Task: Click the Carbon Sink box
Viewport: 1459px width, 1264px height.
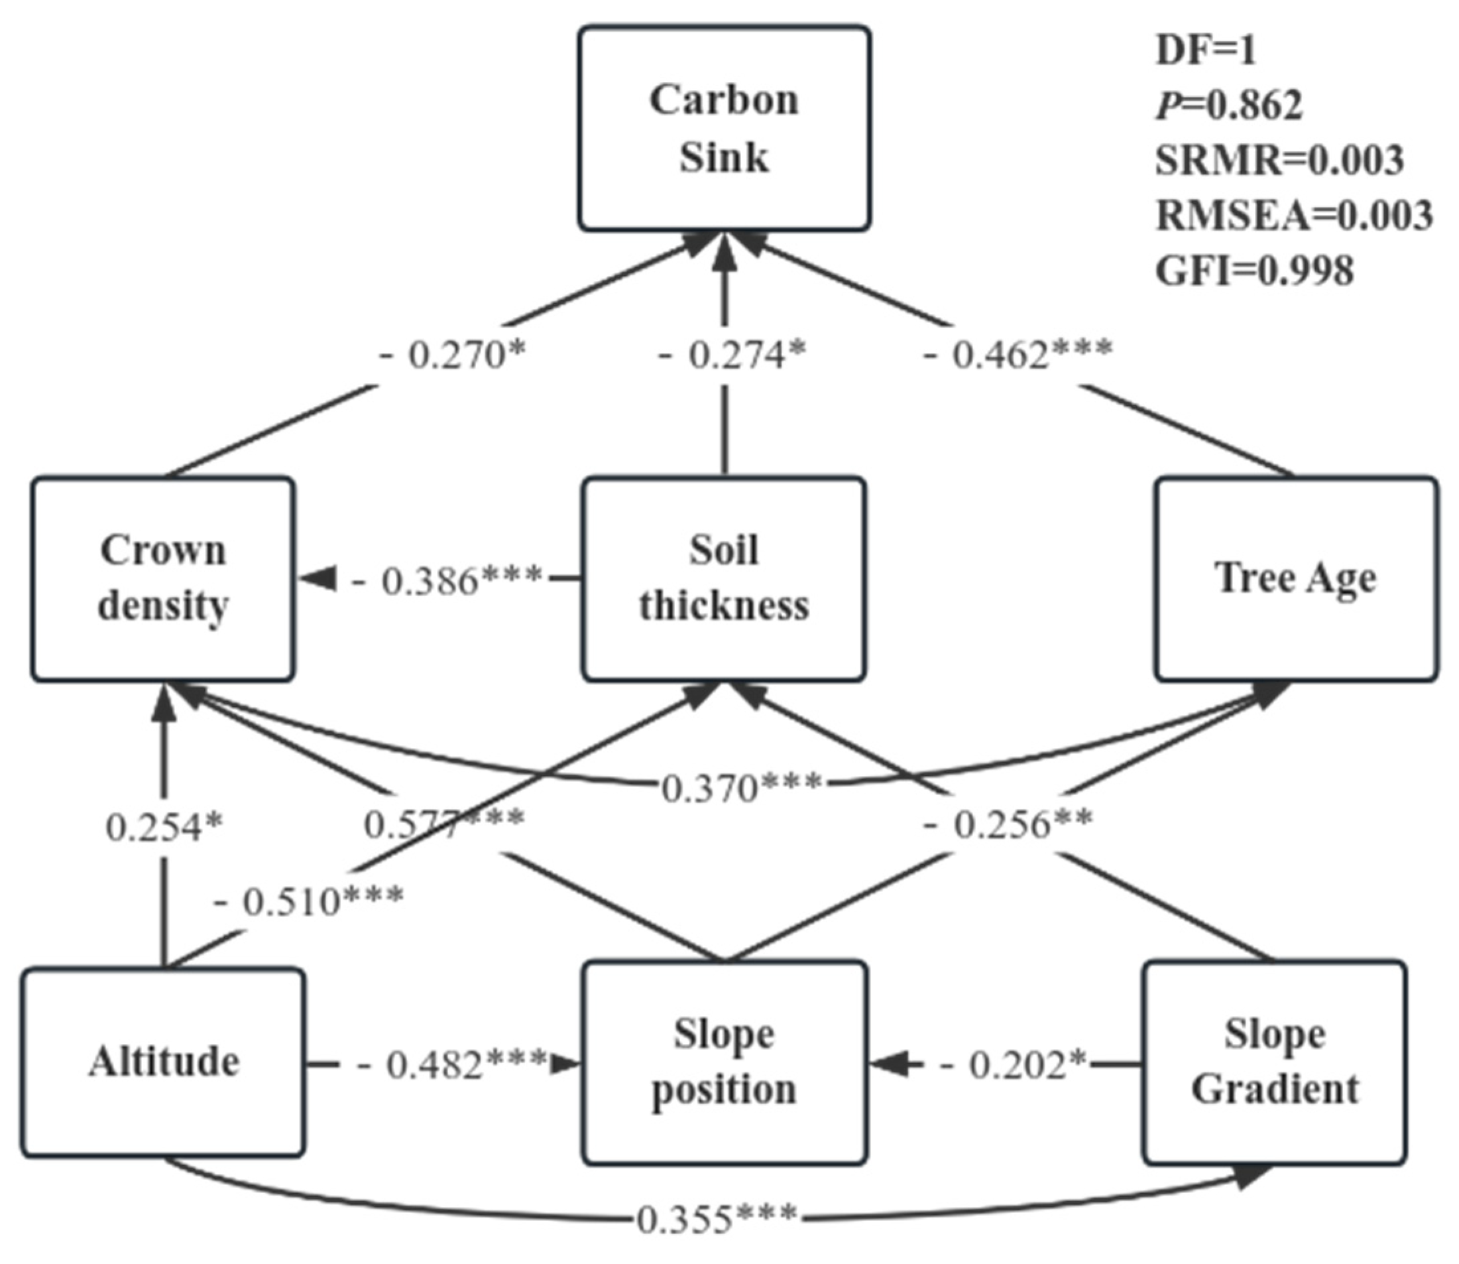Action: [725, 129]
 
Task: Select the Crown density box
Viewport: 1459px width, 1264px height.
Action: [163, 578]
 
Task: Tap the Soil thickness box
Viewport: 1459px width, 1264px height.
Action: [725, 578]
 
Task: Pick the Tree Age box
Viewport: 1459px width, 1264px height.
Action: [1295, 578]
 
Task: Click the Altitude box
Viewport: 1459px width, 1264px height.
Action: [163, 1062]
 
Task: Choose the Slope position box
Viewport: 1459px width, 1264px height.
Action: [725, 1062]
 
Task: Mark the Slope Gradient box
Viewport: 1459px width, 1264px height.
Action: [1274, 1062]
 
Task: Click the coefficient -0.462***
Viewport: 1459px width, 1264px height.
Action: [1018, 354]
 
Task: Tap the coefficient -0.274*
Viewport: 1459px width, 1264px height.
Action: [731, 354]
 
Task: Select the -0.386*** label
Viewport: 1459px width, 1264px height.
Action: [447, 581]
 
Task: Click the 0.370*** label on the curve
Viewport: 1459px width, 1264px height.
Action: [741, 788]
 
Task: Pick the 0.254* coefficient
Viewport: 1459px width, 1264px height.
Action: [164, 827]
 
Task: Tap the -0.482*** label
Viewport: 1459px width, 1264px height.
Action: [452, 1064]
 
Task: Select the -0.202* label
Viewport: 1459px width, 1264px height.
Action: [1014, 1064]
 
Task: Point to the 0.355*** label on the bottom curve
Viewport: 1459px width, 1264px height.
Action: [717, 1219]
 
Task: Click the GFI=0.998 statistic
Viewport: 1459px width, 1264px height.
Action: [1254, 271]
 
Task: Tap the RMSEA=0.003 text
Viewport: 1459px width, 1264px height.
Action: [1294, 215]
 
